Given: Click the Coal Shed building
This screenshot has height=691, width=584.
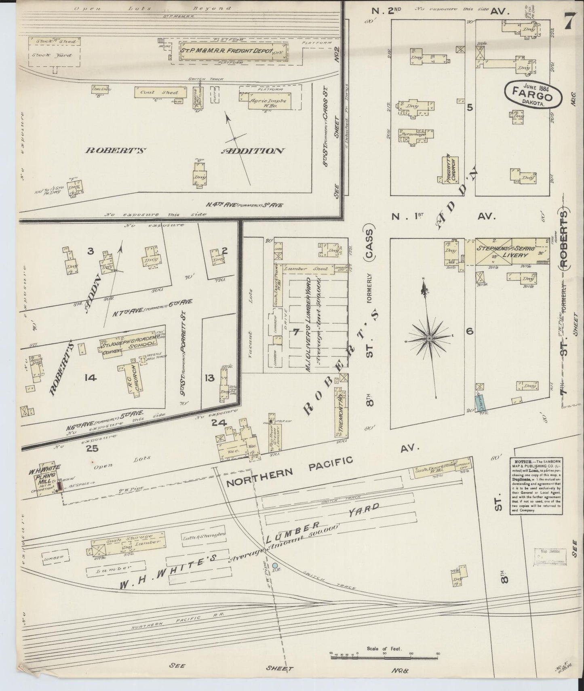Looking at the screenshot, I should pos(160,92).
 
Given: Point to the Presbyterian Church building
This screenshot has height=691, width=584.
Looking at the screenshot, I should pos(449,170).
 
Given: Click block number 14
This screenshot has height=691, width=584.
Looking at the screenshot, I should pos(91,377).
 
